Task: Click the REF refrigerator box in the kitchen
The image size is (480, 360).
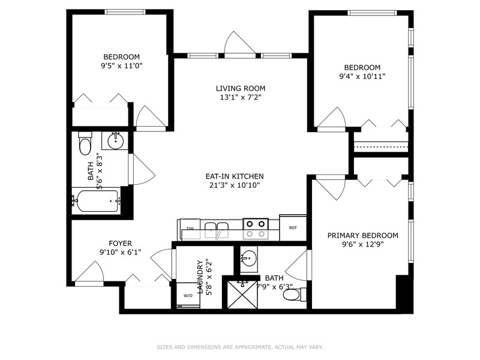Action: (293, 228)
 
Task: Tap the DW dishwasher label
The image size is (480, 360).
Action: (190, 229)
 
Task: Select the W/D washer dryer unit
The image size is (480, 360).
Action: (188, 295)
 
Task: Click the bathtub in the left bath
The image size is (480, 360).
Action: (96, 200)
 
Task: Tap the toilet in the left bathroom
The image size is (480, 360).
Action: (85, 145)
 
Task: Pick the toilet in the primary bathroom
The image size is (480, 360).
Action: (292, 295)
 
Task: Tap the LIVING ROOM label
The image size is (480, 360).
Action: (241, 89)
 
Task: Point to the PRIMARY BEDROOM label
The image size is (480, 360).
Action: (362, 235)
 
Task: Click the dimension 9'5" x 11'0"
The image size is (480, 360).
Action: (122, 65)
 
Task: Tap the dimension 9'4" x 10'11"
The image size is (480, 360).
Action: (362, 76)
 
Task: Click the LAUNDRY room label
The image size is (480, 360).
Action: (202, 274)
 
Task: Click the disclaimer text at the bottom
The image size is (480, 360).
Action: (240, 347)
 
